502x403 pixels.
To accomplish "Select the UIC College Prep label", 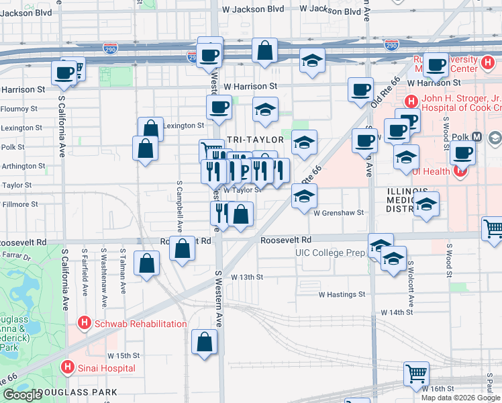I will click(x=330, y=253).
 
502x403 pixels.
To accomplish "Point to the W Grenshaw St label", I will click(x=338, y=212).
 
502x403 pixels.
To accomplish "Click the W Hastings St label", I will click(x=342, y=294).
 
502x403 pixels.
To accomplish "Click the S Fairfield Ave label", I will click(x=85, y=273).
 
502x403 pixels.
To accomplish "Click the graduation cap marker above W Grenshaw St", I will click(x=304, y=196).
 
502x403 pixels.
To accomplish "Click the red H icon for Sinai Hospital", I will click(x=67, y=367).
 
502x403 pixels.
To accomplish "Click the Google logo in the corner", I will click(x=22, y=395).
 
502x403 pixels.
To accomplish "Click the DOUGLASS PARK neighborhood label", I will click(x=78, y=392).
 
